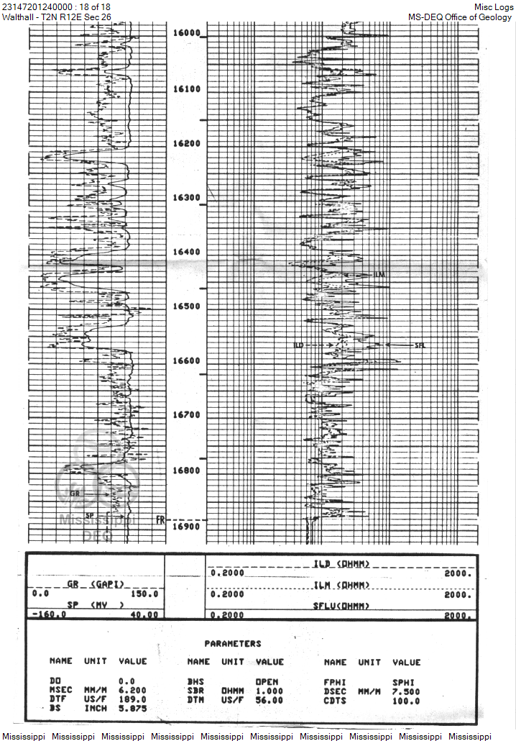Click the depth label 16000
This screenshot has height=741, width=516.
click(186, 33)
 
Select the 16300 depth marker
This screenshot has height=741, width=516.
click(186, 198)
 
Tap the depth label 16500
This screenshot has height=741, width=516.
click(186, 306)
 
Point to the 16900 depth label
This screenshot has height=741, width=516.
click(186, 527)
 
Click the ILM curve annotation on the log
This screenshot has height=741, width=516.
click(380, 276)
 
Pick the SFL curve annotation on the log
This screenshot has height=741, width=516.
click(420, 346)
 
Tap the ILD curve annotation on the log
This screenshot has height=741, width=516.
click(299, 346)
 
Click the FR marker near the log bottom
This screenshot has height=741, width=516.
click(160, 519)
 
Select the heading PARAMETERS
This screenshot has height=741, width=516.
click(233, 644)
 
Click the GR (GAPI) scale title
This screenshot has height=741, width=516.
click(96, 583)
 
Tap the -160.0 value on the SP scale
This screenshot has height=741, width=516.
click(50, 615)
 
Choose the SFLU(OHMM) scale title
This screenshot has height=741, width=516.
click(341, 606)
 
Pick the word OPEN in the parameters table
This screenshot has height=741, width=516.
click(267, 681)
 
